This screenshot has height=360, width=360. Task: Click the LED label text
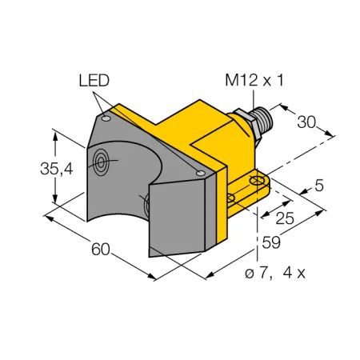(94, 80)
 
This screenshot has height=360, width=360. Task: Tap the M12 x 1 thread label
(254, 80)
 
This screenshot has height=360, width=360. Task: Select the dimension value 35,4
(57, 169)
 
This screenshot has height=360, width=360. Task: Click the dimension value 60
(101, 250)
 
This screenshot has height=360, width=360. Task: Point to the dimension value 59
(271, 242)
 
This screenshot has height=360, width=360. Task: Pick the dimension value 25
(285, 218)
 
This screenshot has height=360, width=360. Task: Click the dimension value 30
(306, 122)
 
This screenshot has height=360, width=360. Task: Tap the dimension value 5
(319, 186)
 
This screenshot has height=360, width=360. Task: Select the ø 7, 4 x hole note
(275, 273)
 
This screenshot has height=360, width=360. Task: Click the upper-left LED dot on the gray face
(106, 118)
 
